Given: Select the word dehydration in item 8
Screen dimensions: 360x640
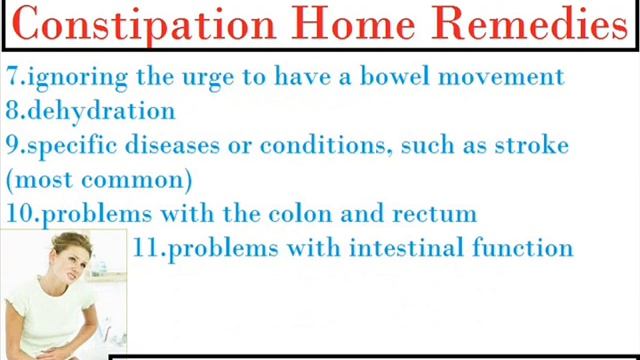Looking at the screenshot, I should point(101,111).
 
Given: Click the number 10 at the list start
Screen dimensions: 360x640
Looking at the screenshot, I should point(19,214).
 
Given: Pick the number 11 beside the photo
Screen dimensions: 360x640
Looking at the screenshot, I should point(147,248).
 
